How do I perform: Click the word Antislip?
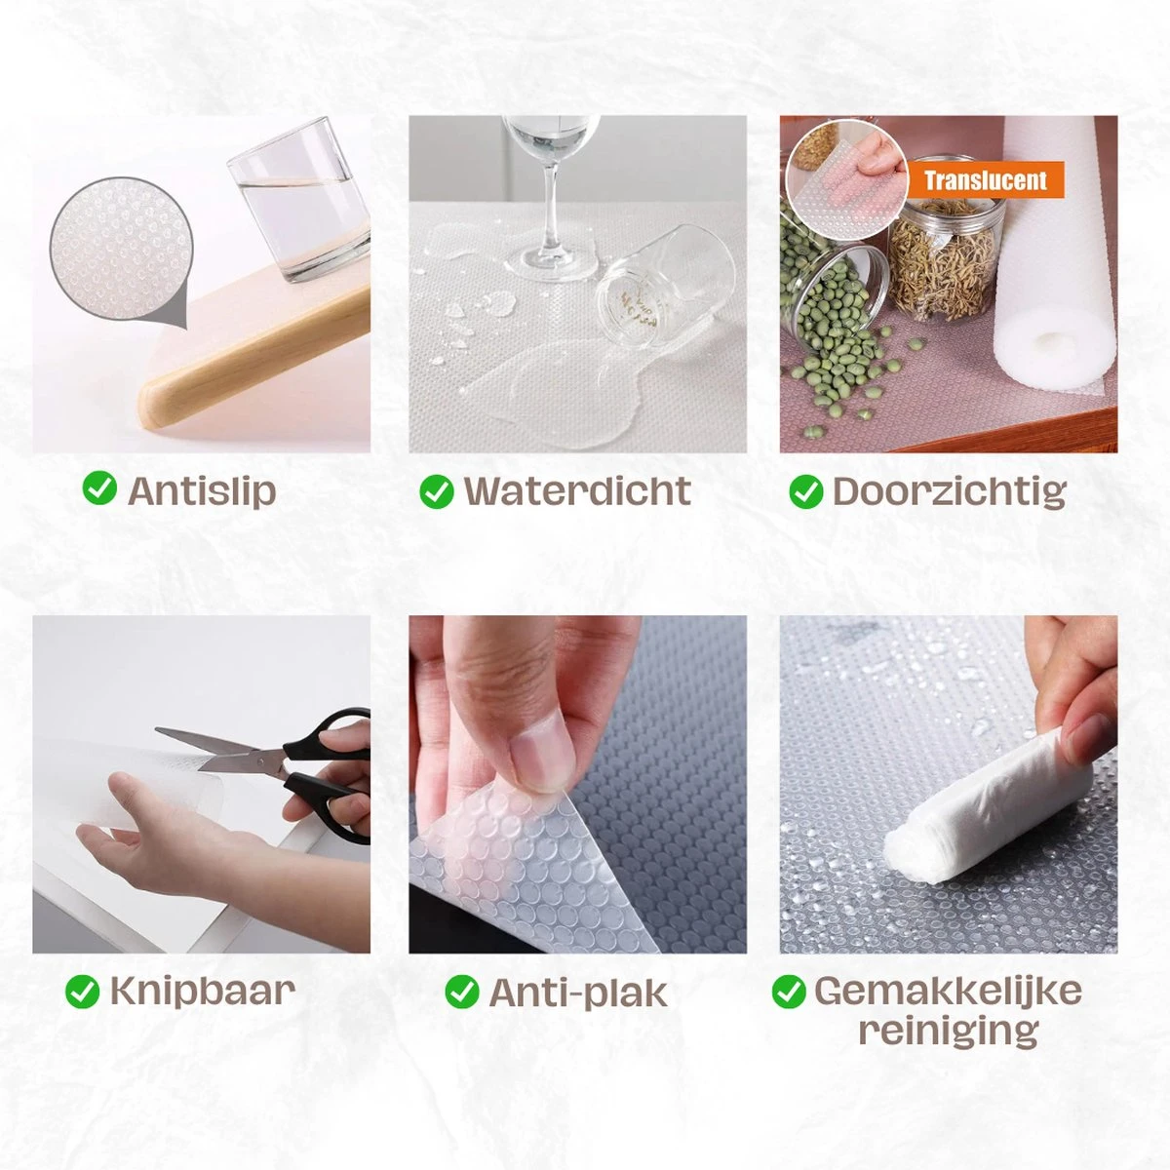[202, 490]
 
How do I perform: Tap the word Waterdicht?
[577, 490]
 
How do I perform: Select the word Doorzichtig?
[949, 491]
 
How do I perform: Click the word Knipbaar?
[203, 992]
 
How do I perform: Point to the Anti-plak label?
[578, 994]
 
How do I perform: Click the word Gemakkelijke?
[948, 991]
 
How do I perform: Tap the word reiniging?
[949, 1031]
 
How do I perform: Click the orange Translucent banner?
[985, 179]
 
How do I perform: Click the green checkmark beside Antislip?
[99, 489]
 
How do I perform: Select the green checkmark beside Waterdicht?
[437, 490]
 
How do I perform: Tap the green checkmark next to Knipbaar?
[82, 992]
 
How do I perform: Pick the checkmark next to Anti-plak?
[461, 993]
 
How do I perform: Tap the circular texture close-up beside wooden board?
[122, 249]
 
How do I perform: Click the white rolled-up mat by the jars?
[1053, 255]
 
